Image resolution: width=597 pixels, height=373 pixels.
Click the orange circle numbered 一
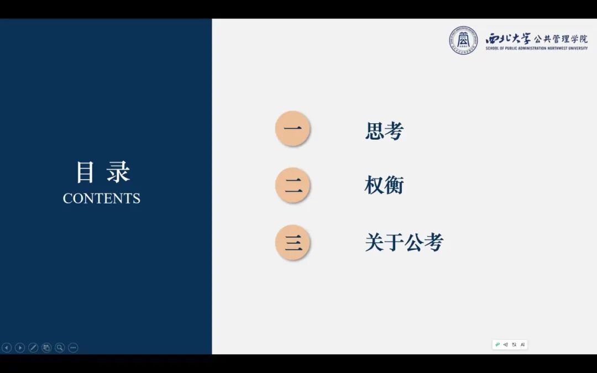point(292,128)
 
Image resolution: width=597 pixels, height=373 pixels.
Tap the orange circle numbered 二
point(292,185)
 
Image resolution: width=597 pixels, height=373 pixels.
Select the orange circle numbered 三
point(292,242)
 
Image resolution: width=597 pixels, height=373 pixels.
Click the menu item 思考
point(384,131)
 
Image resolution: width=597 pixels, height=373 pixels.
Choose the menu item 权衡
point(384,185)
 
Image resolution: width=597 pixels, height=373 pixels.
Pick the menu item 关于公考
point(404,242)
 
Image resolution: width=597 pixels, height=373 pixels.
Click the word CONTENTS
point(102,198)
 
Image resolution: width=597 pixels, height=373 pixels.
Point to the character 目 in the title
point(85,172)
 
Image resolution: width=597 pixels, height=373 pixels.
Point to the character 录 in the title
point(118,172)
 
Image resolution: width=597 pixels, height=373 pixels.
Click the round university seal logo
point(463,40)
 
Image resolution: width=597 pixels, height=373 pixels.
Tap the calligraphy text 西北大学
point(507,39)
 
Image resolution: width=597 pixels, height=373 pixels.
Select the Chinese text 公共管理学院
point(561,39)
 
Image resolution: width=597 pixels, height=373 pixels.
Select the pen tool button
point(33,348)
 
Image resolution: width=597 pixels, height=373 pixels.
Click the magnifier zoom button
point(60,348)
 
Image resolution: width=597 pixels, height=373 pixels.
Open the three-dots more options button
point(73,348)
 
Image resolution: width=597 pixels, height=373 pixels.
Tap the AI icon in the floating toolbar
point(523,344)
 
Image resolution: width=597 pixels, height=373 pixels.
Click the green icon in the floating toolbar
point(498,344)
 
